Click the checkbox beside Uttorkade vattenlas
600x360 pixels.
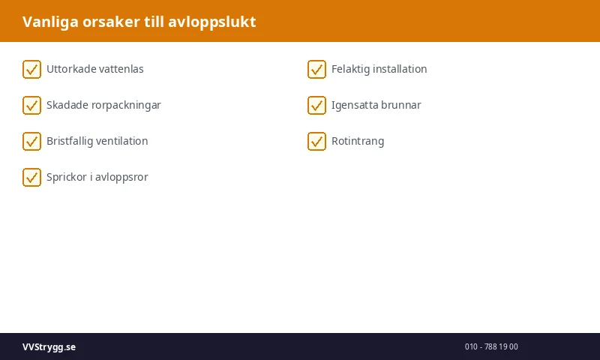31,69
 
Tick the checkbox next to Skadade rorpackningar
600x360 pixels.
31,105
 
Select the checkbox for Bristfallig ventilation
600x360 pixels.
31,141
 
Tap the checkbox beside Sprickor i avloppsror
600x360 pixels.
31,177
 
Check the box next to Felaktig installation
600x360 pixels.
316,69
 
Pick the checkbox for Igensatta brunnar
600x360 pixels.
316,105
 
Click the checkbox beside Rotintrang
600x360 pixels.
316,141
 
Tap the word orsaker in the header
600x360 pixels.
110,22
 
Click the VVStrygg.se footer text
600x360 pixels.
49,346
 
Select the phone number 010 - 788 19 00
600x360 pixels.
491,346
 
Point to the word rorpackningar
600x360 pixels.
127,105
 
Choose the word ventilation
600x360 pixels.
120,141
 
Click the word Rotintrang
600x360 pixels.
358,141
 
